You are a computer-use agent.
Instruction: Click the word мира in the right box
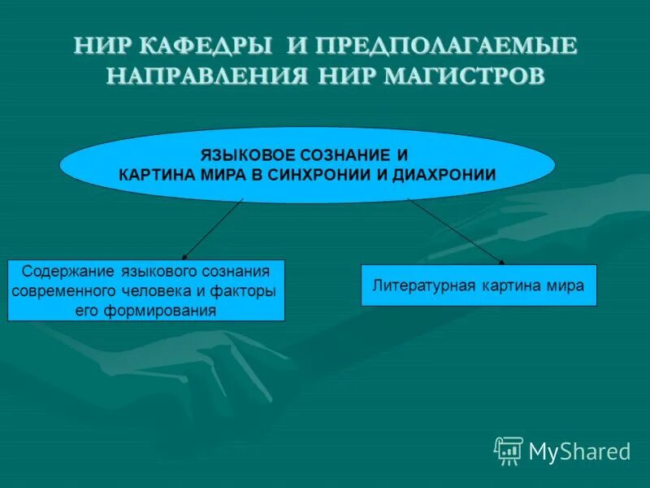pos(568,285)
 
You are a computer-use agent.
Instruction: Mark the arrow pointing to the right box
pos(455,232)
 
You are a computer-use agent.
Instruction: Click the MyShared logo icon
pos(509,450)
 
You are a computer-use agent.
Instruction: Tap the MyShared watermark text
pos(579,451)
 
